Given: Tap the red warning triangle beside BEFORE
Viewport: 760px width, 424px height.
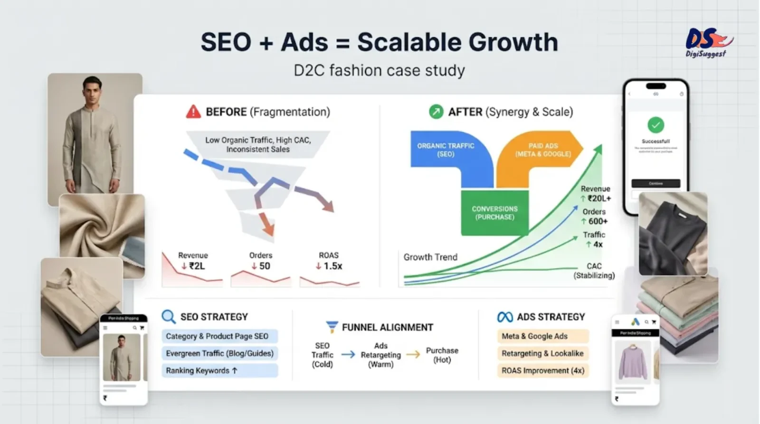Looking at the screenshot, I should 193,112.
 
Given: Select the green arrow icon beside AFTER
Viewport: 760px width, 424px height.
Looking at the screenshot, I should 436,112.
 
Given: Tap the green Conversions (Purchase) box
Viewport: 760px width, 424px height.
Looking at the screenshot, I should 494,213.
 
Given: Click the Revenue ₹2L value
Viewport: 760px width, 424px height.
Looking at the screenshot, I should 193,266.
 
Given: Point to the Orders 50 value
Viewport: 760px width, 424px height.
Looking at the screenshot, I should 261,266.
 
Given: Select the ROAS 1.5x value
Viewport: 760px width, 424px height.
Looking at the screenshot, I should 329,266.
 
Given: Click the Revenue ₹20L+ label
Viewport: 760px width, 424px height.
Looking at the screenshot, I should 596,194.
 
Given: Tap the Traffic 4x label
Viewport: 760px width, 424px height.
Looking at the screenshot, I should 594,240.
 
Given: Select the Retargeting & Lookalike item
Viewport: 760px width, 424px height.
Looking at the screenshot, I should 542,353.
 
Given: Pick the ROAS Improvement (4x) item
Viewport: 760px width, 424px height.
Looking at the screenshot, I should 542,370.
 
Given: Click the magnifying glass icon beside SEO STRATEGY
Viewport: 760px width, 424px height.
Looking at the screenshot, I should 168,316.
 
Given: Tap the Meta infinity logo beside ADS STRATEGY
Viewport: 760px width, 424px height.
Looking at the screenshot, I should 504,317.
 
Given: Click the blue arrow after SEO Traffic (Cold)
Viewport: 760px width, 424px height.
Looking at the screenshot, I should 348,354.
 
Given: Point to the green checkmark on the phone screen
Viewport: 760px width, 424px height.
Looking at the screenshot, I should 655,125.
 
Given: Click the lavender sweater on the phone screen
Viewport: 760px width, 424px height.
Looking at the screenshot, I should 633,361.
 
